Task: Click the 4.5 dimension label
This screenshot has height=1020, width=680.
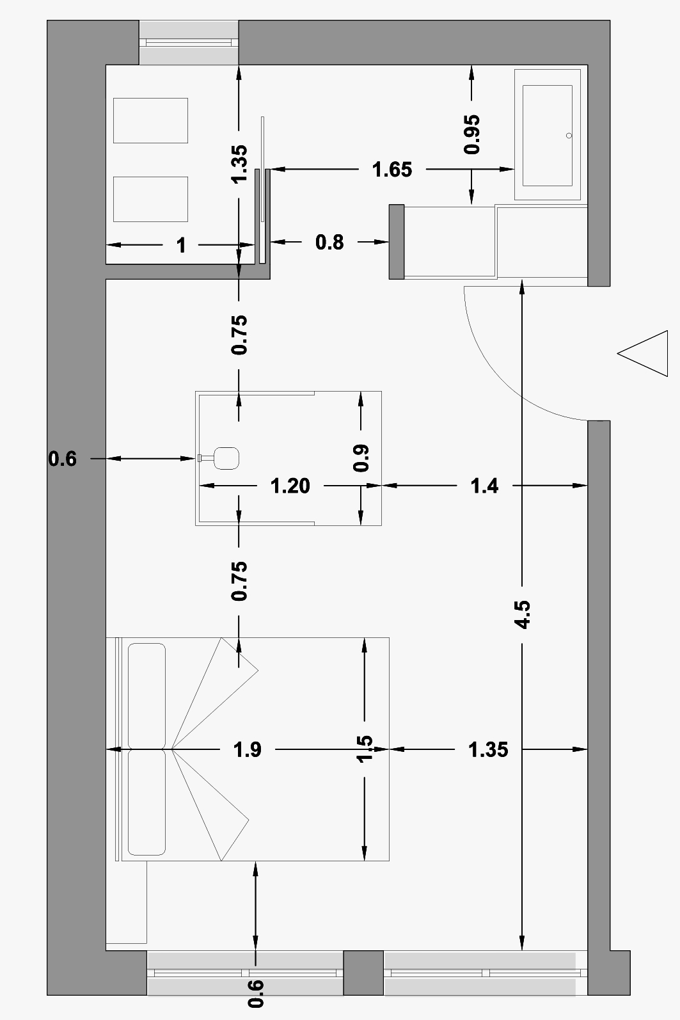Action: pos(523,614)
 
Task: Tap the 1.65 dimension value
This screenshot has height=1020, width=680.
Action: pos(392,170)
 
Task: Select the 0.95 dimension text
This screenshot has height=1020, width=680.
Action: pos(472,134)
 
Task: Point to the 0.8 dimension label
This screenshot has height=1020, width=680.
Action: pos(329,243)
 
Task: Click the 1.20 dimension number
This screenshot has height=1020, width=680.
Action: pos(290,486)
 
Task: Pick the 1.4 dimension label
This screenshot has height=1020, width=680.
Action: pos(484,486)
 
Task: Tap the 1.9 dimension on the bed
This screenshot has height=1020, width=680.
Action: pos(248,749)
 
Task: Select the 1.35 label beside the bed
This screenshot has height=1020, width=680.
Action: pos(488,749)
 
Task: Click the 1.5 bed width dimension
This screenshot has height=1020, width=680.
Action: pos(364,749)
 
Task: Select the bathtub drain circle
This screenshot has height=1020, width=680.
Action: pos(569,136)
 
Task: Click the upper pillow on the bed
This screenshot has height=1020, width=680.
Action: pos(146,695)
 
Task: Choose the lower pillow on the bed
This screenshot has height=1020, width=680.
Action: pos(146,802)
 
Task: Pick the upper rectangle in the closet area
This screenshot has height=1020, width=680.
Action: pos(150,120)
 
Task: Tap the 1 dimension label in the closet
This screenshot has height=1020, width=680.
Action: pos(181,245)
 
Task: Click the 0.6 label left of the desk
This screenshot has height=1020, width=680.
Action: pos(63,459)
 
